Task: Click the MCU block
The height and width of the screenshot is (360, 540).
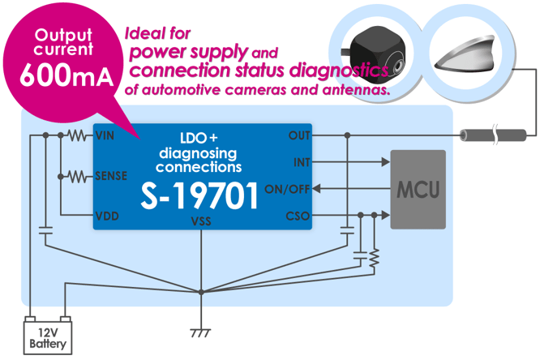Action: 418,190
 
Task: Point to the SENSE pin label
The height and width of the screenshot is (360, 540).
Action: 111,175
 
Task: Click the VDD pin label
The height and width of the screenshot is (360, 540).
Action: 106,216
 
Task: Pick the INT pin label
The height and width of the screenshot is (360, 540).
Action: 302,162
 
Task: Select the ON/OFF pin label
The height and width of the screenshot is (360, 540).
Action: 287,189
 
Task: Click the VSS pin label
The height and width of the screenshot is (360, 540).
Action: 202,221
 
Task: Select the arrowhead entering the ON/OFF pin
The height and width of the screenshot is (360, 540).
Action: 317,189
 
